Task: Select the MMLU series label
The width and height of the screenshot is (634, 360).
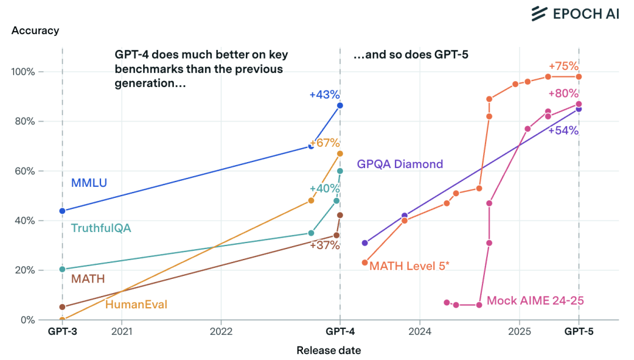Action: pos(89,183)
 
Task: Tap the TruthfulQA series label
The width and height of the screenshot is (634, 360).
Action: pos(101,228)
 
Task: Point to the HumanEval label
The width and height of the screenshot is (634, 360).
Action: pos(136,304)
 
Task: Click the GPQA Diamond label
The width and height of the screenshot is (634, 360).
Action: pos(400,164)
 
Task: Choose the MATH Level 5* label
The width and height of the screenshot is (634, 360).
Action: pos(409,266)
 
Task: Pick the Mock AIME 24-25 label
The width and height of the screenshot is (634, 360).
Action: pos(535,300)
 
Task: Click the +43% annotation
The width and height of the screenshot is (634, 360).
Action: pos(325,95)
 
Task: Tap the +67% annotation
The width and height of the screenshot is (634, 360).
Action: pos(325,143)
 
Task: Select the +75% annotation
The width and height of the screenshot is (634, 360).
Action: pos(564,66)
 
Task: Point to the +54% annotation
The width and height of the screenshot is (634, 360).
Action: pos(564,130)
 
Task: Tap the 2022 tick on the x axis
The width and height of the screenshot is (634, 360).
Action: pos(221,332)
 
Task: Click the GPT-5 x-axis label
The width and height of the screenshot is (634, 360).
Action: pos(579,332)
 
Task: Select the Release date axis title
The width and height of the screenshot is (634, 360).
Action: pos(329,351)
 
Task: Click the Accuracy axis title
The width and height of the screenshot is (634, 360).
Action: pos(35,31)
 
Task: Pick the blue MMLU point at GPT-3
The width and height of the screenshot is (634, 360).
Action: pos(62,211)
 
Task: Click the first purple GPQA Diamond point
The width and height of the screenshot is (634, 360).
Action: pos(365,243)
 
